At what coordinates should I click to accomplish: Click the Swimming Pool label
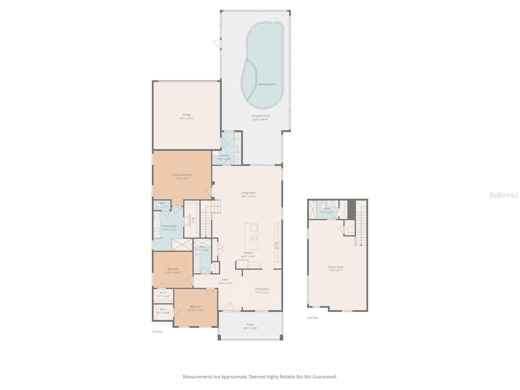click(267, 84)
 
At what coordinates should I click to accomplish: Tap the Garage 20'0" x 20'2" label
click(187, 116)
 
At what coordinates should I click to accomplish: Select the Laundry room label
click(224, 157)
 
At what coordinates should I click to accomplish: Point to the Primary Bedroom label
click(182, 176)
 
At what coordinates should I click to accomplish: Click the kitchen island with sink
click(251, 232)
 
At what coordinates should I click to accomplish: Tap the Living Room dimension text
click(248, 196)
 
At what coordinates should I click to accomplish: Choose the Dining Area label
click(262, 291)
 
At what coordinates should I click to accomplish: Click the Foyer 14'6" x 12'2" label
click(225, 281)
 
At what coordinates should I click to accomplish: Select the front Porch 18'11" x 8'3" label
click(250, 326)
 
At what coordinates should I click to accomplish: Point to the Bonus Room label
click(336, 268)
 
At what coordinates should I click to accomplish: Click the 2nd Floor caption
click(313, 318)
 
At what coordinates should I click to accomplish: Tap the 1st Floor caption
click(157, 332)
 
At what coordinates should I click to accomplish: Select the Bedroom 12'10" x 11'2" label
click(196, 308)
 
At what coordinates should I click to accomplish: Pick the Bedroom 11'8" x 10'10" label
click(173, 271)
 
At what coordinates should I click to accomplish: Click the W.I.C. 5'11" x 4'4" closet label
click(163, 294)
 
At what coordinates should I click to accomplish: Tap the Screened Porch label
click(260, 118)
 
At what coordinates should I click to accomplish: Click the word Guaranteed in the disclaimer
click(325, 377)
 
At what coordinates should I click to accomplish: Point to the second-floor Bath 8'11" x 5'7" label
click(327, 210)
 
